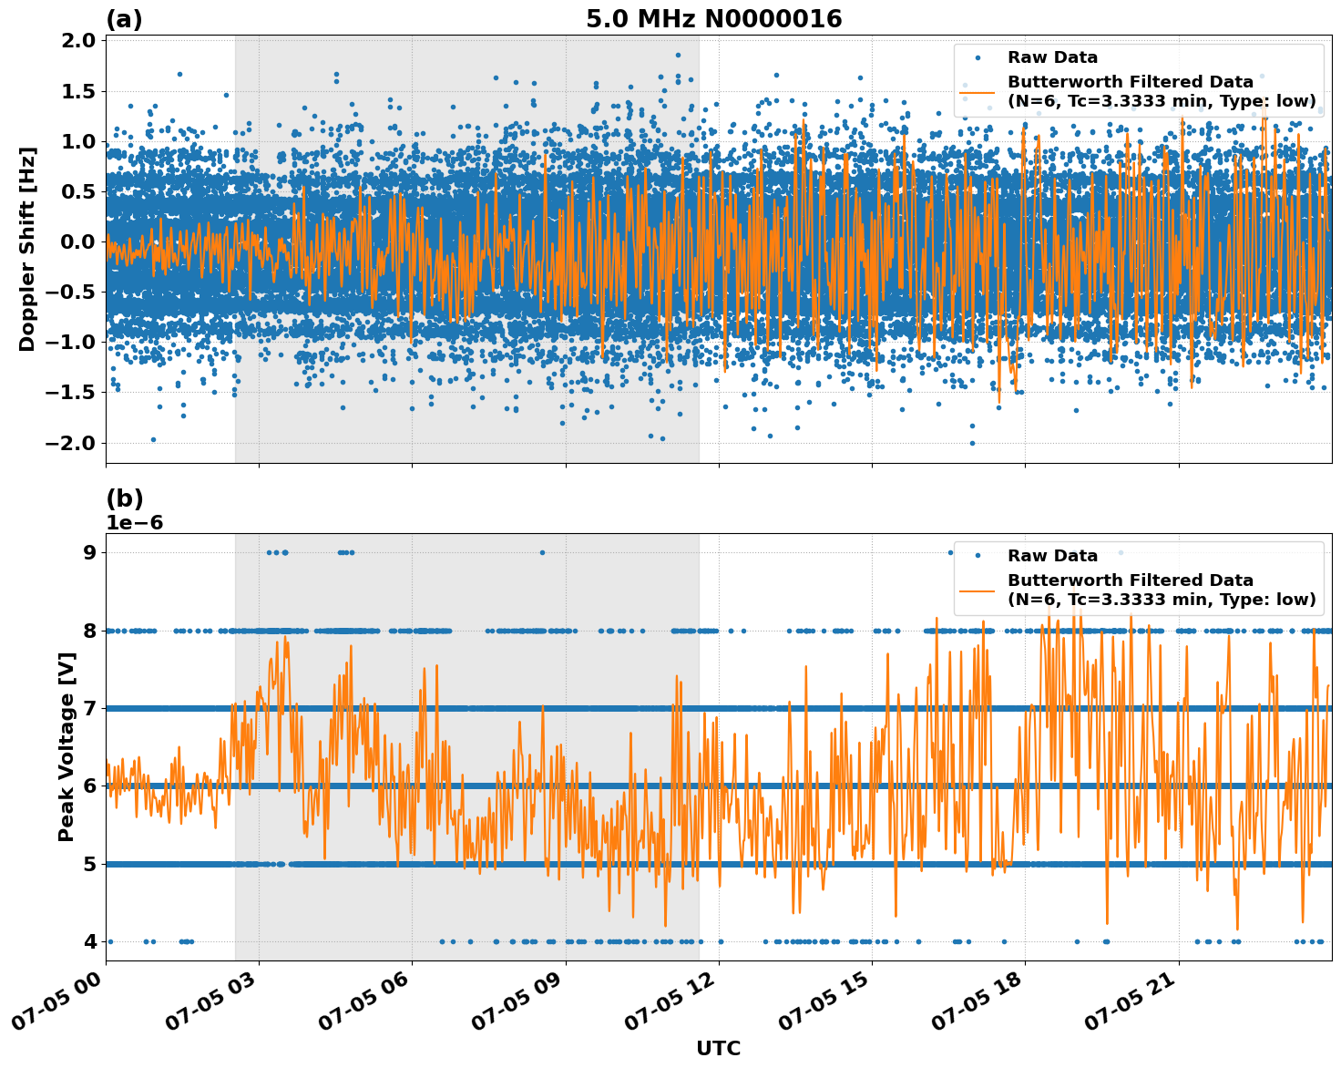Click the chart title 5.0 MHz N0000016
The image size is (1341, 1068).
tap(713, 19)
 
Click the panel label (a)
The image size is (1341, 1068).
tap(124, 19)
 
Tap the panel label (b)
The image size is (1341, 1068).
tap(124, 498)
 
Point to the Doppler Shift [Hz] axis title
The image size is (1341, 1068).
tap(27, 249)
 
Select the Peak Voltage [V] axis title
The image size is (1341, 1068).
tap(66, 747)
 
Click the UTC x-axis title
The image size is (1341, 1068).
tap(718, 1048)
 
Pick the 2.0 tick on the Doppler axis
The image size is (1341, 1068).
tap(79, 41)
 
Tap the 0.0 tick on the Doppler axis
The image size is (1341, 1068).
tap(79, 242)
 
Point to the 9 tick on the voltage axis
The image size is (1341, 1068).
tap(88, 552)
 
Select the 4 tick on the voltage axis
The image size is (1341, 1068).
tap(88, 941)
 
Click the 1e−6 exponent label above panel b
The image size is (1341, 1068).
tap(135, 523)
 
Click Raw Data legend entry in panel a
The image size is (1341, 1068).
tap(1052, 57)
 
